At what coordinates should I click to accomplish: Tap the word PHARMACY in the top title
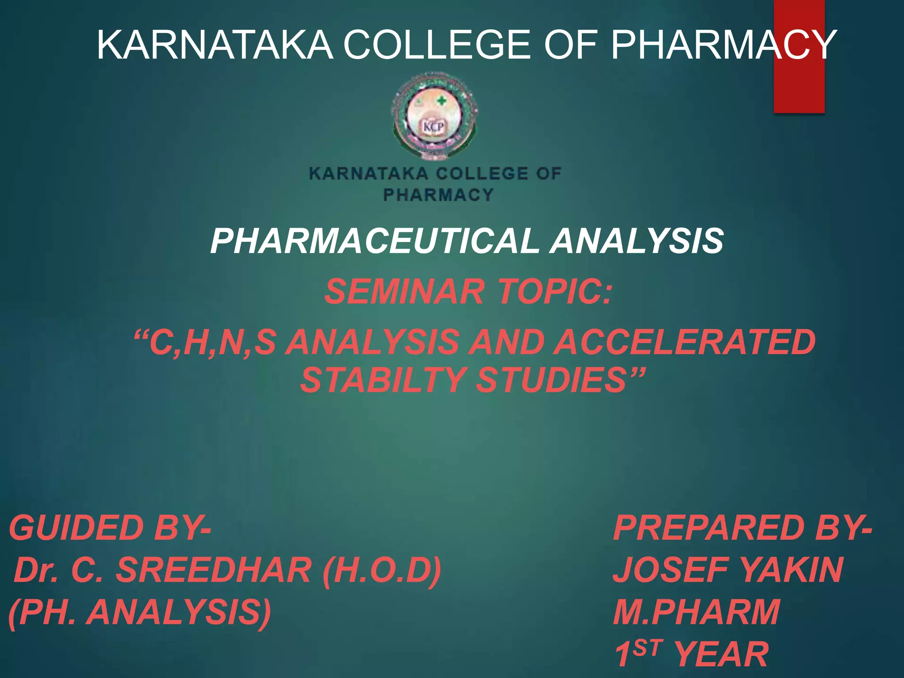click(x=724, y=45)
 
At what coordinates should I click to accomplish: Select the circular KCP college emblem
click(x=434, y=117)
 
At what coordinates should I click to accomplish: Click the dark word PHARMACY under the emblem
click(x=438, y=195)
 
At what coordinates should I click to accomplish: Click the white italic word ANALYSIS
click(x=636, y=241)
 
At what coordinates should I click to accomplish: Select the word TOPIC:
click(x=554, y=292)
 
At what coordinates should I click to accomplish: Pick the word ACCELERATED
click(x=684, y=343)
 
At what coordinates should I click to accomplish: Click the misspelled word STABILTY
click(x=382, y=380)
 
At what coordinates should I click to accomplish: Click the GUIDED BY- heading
click(x=110, y=528)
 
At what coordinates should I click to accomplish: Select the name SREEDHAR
click(x=214, y=570)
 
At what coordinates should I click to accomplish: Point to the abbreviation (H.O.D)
click(x=382, y=570)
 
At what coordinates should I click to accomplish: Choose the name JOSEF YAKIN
click(x=728, y=570)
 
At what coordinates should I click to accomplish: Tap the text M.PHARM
click(x=697, y=612)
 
